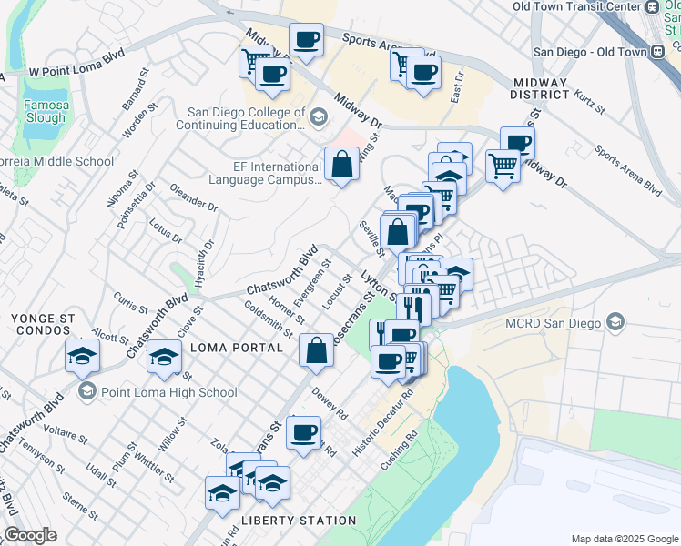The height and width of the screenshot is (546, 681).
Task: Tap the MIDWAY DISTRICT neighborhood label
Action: (539, 88)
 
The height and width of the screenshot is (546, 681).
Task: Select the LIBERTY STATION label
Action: (299, 521)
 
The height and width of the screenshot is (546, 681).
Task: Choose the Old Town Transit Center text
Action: (576, 6)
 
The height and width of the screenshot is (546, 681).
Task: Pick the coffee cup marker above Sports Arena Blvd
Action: (306, 40)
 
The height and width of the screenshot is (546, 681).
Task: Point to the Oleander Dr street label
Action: (194, 196)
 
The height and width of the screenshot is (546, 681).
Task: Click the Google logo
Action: (30, 534)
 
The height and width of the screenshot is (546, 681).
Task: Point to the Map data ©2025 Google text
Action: (623, 538)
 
